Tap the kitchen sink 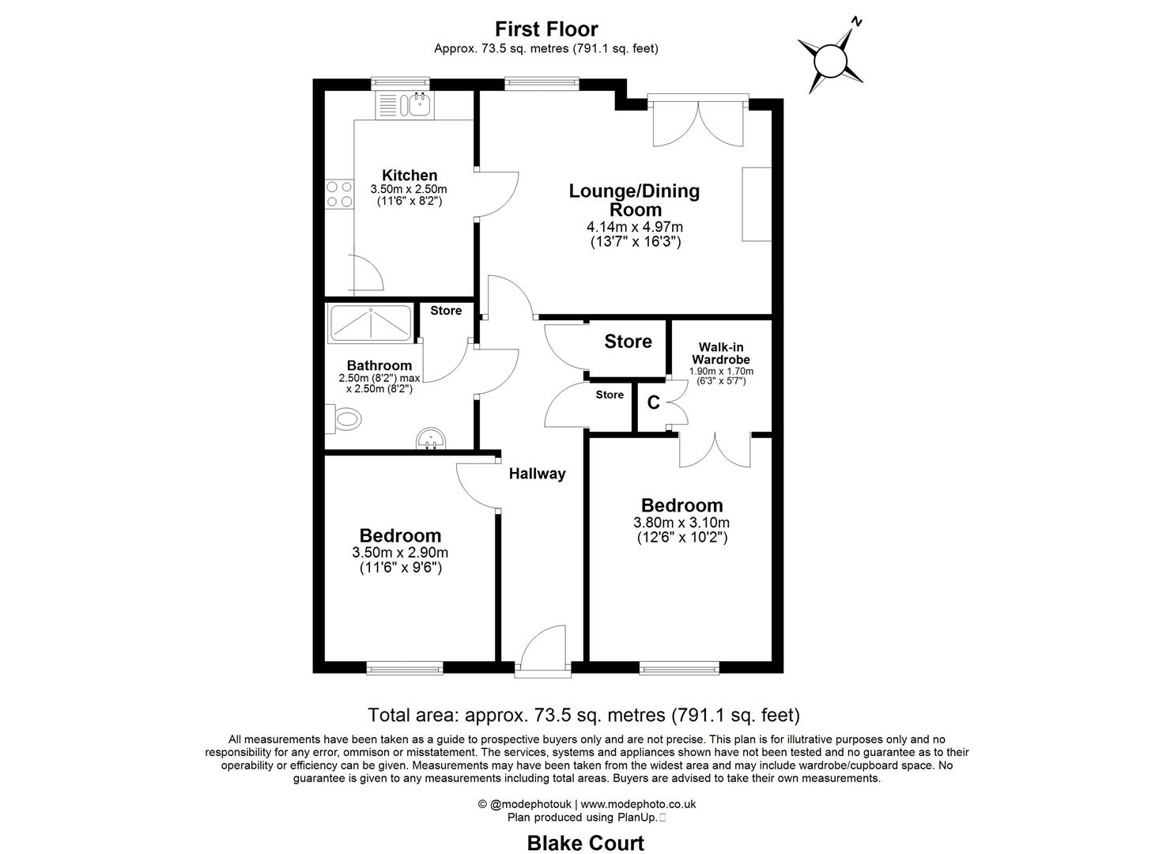tap(416, 104)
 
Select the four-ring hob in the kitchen tap(339, 195)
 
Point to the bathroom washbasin tap(432, 439)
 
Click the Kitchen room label tap(410, 176)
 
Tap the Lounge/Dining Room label tap(635, 200)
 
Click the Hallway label tap(537, 474)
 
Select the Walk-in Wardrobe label tap(721, 353)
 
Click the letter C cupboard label tap(653, 403)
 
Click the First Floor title tap(546, 29)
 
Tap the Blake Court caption tap(585, 843)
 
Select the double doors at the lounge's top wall tap(698, 121)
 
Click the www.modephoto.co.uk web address tap(638, 804)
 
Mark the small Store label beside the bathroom tap(446, 311)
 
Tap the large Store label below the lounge tap(628, 342)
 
